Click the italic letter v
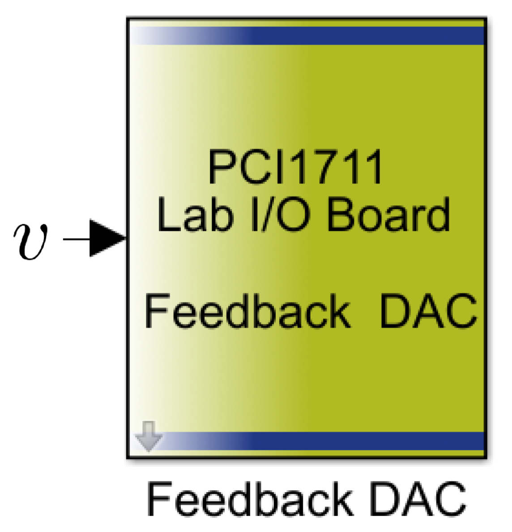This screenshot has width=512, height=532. pos(30,242)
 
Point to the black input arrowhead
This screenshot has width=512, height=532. pos(107,238)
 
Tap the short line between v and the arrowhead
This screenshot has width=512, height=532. pos(76,239)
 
